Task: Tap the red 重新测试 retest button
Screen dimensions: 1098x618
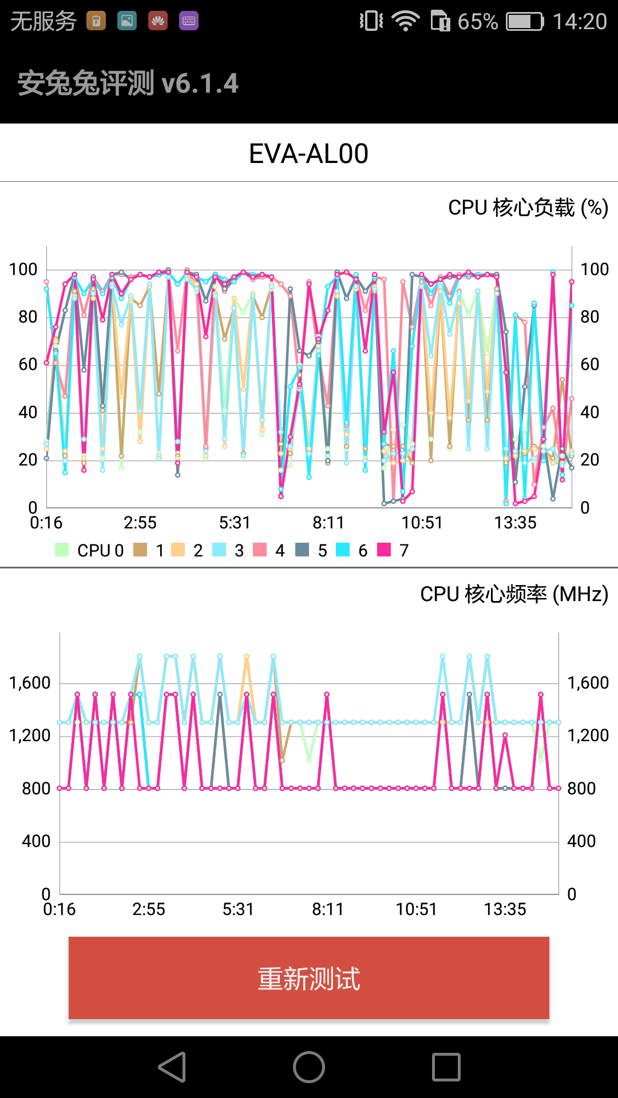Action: coord(309,978)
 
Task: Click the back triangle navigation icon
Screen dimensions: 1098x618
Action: coord(172,1067)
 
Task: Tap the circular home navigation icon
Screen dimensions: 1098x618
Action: coord(309,1067)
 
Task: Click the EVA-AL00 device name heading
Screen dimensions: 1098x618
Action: coord(309,153)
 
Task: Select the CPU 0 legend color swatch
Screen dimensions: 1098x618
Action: coord(62,550)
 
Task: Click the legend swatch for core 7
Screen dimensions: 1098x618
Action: coord(384,550)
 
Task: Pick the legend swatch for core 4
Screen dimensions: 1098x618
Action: coord(260,550)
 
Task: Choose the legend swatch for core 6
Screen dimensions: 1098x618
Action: coord(343,550)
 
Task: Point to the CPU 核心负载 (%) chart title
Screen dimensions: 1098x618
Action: coord(528,208)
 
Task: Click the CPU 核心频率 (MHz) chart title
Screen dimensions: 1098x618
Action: coord(514,594)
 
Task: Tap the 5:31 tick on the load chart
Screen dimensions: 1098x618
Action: coord(235,523)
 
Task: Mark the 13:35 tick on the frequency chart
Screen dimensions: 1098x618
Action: coord(505,909)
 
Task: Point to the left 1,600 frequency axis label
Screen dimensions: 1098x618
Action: coord(30,683)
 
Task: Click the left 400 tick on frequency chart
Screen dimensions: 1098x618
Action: coord(36,841)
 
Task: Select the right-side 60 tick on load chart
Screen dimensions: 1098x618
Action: coord(589,364)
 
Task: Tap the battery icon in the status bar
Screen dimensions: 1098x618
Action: coord(525,22)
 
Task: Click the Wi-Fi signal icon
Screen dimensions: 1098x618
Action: coord(405,22)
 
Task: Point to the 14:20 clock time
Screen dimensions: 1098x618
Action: coord(579,22)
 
